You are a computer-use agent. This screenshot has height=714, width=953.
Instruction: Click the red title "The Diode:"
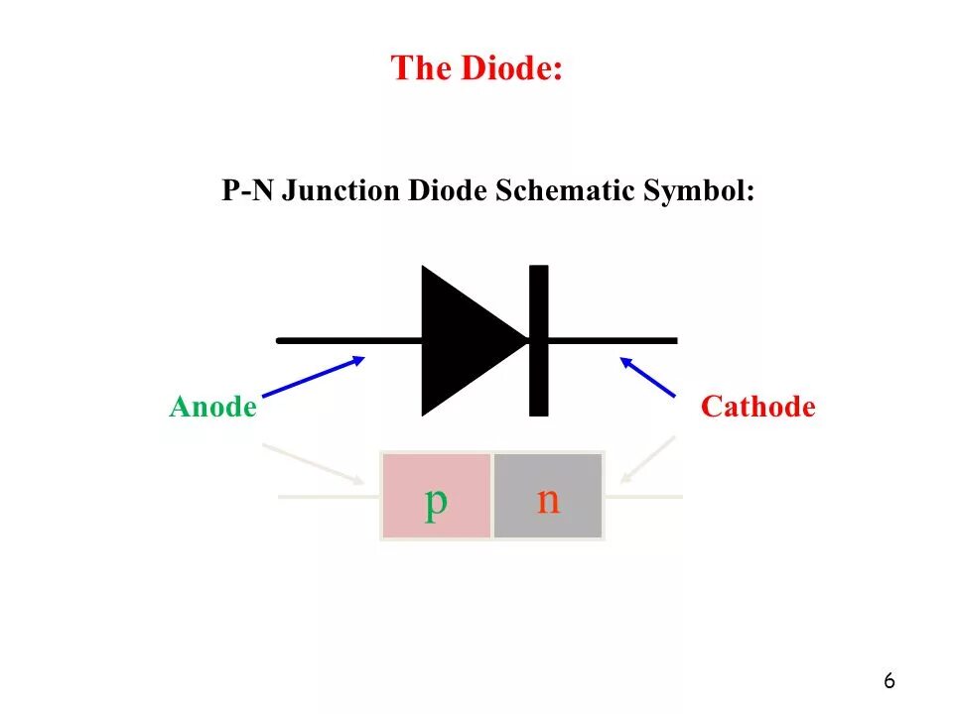pyautogui.click(x=476, y=69)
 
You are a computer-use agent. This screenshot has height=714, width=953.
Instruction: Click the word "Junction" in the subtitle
pyautogui.click(x=341, y=190)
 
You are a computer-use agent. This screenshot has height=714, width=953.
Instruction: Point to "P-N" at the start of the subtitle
pyautogui.click(x=248, y=190)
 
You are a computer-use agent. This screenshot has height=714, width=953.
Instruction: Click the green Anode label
pyautogui.click(x=213, y=407)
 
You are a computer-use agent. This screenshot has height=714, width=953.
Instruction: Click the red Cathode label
pyautogui.click(x=758, y=407)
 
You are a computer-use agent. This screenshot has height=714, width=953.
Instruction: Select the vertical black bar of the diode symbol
pyautogui.click(x=538, y=340)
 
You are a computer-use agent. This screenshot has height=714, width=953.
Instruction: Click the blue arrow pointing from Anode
pyautogui.click(x=313, y=376)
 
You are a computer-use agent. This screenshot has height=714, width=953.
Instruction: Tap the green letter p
pyautogui.click(x=436, y=501)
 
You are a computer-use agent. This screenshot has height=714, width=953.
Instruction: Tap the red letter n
pyautogui.click(x=548, y=500)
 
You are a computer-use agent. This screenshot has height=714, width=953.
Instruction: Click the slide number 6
pyautogui.click(x=888, y=681)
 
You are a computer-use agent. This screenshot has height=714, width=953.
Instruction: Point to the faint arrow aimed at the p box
pyautogui.click(x=313, y=464)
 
